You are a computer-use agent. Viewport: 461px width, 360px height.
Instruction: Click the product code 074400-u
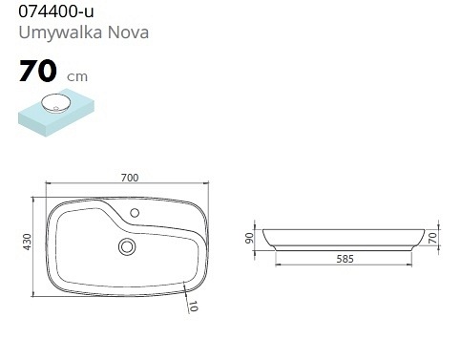(56, 11)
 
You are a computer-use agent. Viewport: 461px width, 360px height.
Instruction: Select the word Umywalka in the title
(60, 33)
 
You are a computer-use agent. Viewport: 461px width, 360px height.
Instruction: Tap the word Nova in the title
(128, 32)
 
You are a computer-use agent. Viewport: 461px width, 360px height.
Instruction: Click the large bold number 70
(38, 71)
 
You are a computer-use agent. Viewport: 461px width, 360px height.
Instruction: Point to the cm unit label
(77, 76)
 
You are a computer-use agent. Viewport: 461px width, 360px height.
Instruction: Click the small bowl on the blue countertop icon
(54, 104)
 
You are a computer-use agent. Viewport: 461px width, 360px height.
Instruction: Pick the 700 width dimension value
(130, 178)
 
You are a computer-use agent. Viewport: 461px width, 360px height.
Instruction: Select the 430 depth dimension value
(28, 242)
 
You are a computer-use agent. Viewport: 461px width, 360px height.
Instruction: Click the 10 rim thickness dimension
(193, 307)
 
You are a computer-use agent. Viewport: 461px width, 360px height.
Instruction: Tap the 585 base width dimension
(345, 259)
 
